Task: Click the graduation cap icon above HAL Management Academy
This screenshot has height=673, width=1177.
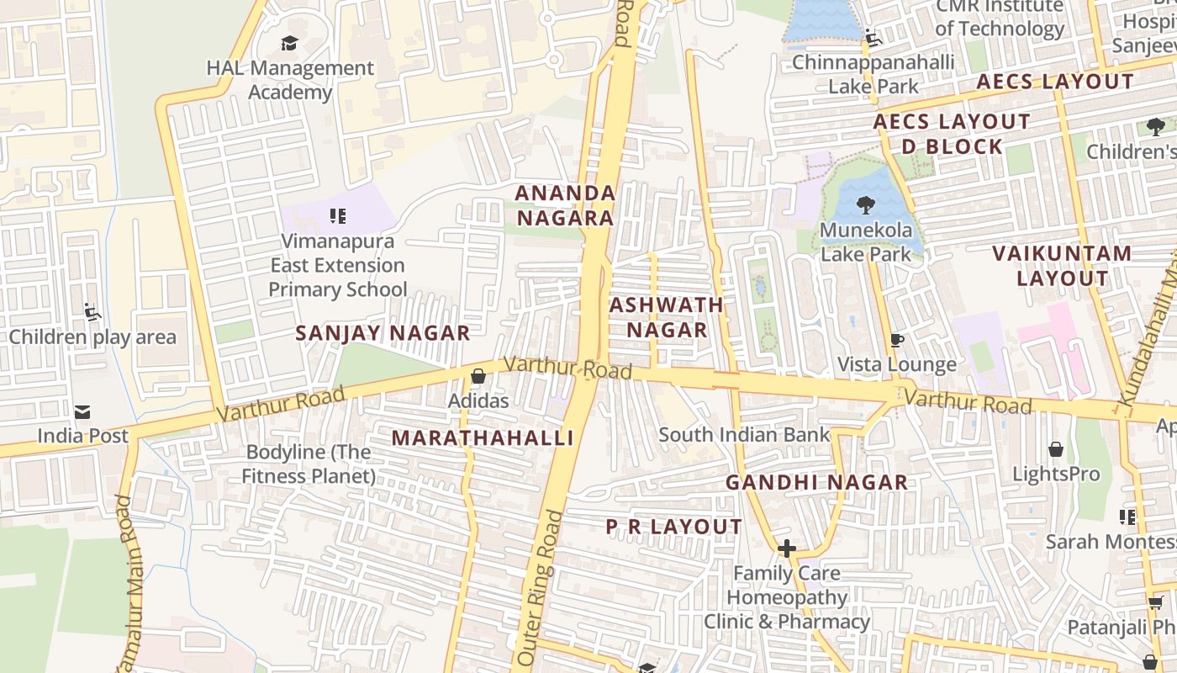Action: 289,43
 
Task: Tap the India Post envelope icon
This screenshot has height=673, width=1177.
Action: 82,411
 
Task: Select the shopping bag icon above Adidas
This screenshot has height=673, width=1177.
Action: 478,376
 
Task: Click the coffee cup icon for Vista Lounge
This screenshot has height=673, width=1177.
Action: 896,340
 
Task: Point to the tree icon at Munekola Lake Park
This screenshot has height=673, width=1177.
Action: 864,204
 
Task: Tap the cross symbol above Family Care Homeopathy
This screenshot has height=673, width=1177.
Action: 786,548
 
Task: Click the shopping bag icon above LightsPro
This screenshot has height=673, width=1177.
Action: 1055,449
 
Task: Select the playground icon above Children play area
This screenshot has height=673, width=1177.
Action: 92,313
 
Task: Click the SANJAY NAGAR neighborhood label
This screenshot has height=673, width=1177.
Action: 383,333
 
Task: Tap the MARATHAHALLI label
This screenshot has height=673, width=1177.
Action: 483,437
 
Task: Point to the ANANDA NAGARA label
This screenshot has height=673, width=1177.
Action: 565,205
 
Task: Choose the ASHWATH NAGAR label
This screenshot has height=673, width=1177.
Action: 667,317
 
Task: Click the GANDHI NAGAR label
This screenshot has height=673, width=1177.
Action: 816,482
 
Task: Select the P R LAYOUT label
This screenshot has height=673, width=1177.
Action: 673,527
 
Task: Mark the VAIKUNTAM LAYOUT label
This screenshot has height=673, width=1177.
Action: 1062,265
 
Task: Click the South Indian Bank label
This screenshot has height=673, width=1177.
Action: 744,435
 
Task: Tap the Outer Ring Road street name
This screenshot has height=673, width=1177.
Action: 538,589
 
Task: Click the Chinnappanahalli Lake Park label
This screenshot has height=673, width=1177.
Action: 873,74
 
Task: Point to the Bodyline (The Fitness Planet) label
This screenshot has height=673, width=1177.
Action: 309,464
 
